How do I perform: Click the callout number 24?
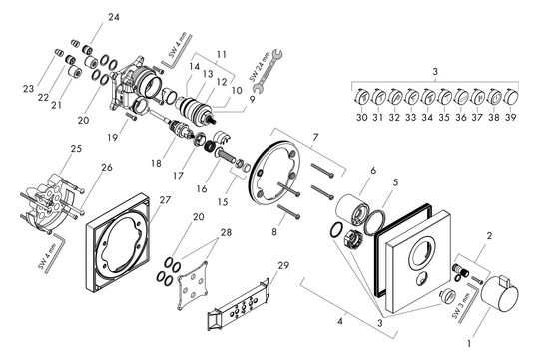click(113, 18)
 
